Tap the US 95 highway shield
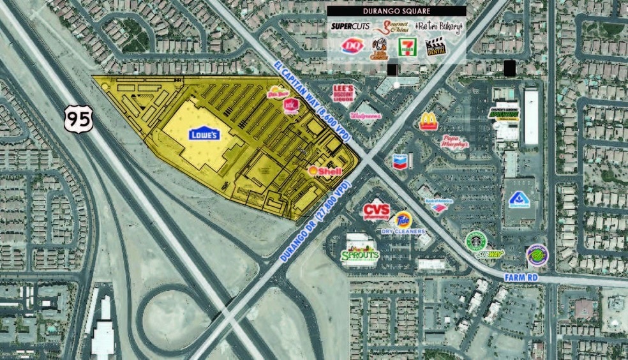coord(78,119)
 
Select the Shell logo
coord(325,171)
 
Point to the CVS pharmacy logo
coord(376,210)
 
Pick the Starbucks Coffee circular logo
coord(475,241)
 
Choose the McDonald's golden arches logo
coord(428,121)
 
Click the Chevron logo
coord(401,161)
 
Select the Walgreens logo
coord(366,116)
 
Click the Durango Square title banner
coord(396,11)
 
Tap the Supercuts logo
coord(350,27)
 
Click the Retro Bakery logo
coord(438,27)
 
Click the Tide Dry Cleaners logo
coord(402,223)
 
